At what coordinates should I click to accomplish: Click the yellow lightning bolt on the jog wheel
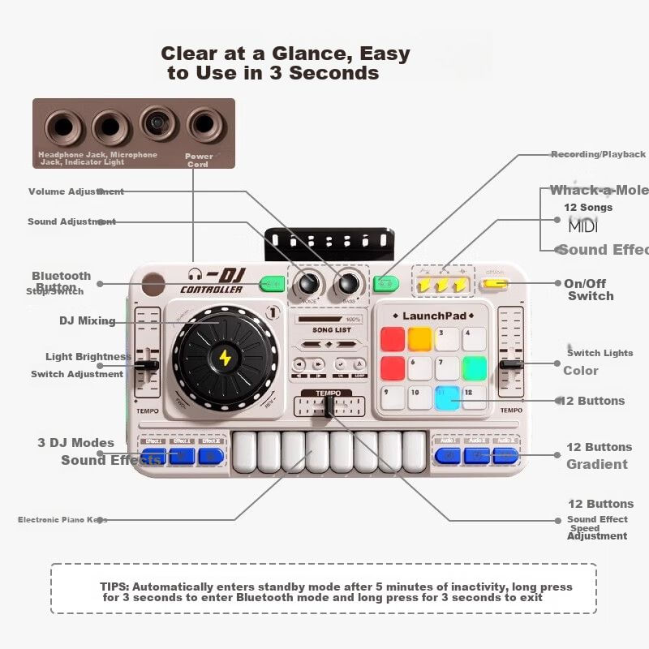pos(225,358)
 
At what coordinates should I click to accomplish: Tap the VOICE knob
pos(308,284)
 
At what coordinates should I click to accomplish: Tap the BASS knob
pos(348,284)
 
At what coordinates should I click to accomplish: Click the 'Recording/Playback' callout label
pos(598,154)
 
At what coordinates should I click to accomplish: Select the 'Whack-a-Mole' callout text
pos(599,191)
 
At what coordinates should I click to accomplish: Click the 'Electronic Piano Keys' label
pos(62,520)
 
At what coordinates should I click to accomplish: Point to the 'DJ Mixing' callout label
pos(87,320)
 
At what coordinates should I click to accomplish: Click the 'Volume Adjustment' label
pos(76,192)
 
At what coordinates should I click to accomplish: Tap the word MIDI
pos(582,226)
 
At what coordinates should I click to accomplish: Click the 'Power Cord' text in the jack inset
pos(199,160)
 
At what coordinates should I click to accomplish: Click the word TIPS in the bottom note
pos(114,587)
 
